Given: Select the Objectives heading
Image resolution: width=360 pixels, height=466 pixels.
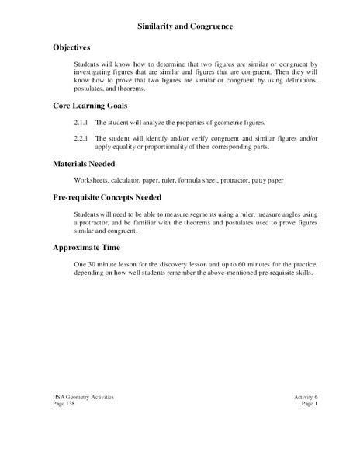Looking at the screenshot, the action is coord(73,47).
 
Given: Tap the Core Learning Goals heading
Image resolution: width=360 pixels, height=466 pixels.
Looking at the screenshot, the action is coord(90,105).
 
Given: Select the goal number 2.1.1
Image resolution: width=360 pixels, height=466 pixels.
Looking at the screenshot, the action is coord(82,123).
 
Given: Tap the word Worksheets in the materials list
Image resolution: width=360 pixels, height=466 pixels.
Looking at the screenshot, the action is coord(92,180).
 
